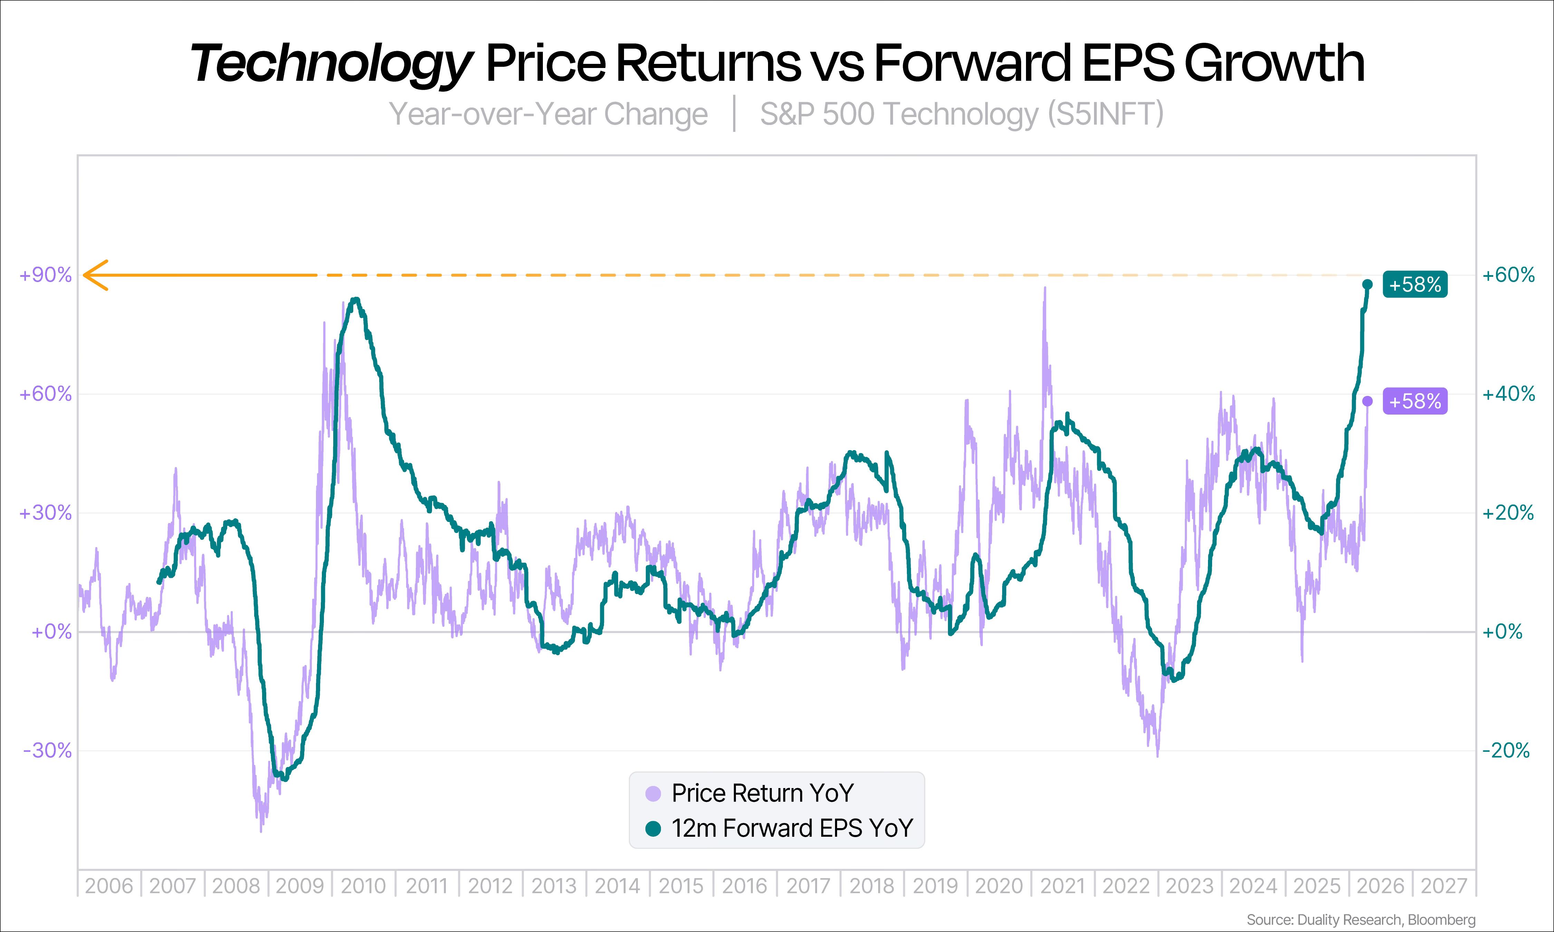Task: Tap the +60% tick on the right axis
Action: pyautogui.click(x=1508, y=275)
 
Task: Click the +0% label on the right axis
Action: pyautogui.click(x=1503, y=632)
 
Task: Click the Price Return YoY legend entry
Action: pyautogui.click(x=762, y=793)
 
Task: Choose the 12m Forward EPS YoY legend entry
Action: pyautogui.click(x=792, y=828)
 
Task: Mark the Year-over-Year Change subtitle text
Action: pyautogui.click(x=548, y=114)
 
